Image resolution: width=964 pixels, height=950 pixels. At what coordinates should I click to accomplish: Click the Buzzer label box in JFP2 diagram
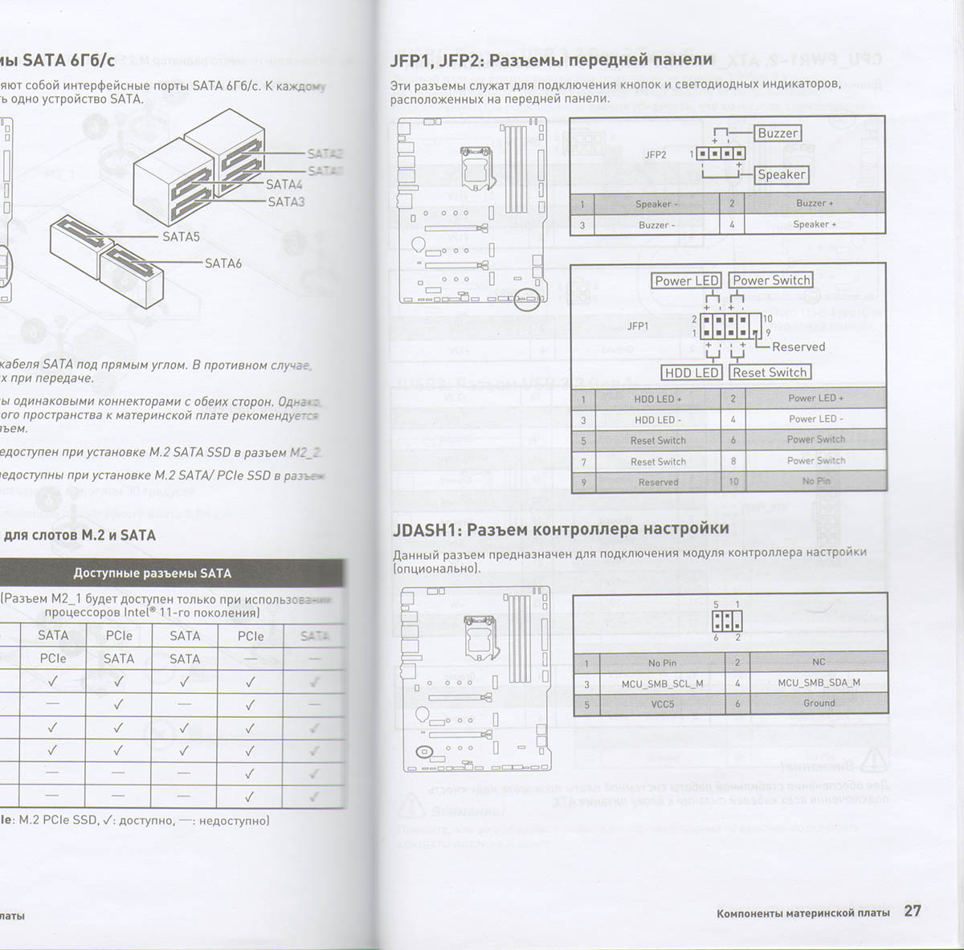pyautogui.click(x=778, y=133)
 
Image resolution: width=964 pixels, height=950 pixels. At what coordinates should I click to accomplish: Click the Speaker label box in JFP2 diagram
pyautogui.click(x=781, y=174)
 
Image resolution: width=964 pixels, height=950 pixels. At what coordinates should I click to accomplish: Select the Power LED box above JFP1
pyautogui.click(x=686, y=280)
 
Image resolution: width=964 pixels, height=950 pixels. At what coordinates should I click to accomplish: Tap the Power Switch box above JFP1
pyautogui.click(x=771, y=280)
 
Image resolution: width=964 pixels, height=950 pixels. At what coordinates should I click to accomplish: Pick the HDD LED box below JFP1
pyautogui.click(x=692, y=373)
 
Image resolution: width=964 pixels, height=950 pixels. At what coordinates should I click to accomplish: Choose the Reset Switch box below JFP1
pyautogui.click(x=770, y=373)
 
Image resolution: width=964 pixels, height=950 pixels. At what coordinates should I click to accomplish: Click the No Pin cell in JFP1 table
pyautogui.click(x=815, y=481)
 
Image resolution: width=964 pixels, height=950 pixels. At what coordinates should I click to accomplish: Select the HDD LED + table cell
pyautogui.click(x=657, y=398)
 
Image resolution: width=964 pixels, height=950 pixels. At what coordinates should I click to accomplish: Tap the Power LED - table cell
pyautogui.click(x=815, y=418)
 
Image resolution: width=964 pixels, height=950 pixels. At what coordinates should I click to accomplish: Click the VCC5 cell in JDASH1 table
pyautogui.click(x=662, y=703)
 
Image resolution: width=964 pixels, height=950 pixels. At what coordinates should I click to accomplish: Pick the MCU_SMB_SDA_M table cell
pyautogui.click(x=818, y=683)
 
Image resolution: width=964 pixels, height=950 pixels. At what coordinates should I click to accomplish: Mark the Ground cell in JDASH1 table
pyautogui.click(x=819, y=703)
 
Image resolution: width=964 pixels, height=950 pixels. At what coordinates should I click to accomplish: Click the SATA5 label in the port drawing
pyautogui.click(x=181, y=237)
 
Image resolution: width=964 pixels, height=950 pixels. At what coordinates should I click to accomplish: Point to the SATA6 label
pyautogui.click(x=223, y=263)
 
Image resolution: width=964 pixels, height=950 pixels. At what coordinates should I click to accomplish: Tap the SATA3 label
pyautogui.click(x=286, y=202)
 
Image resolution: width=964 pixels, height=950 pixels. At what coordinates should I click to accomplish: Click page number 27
pyautogui.click(x=912, y=911)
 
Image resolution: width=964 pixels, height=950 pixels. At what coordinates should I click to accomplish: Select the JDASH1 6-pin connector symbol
pyautogui.click(x=726, y=621)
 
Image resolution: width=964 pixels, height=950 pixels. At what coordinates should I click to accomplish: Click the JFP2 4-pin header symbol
pyautogui.click(x=720, y=153)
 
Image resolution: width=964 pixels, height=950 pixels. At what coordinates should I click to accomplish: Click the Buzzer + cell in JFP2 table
pyautogui.click(x=815, y=203)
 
